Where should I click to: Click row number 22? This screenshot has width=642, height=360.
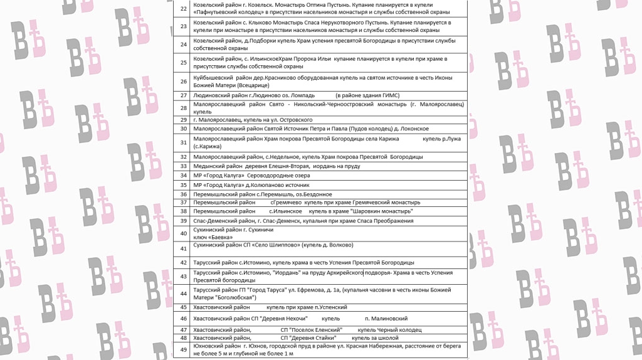[x=183, y=9]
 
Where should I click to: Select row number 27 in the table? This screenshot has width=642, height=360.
[x=183, y=95]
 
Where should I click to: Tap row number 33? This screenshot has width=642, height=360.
[x=183, y=166]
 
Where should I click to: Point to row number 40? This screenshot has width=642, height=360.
[x=183, y=233]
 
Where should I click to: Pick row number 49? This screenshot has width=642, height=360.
[x=183, y=349]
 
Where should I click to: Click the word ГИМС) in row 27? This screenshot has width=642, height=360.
[x=387, y=95]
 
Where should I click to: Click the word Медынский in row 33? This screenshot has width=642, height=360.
[x=209, y=166]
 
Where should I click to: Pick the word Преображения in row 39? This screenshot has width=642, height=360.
[x=392, y=221]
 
